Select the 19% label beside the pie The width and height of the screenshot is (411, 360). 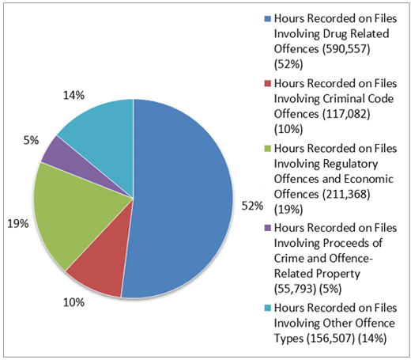[x=17, y=224]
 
